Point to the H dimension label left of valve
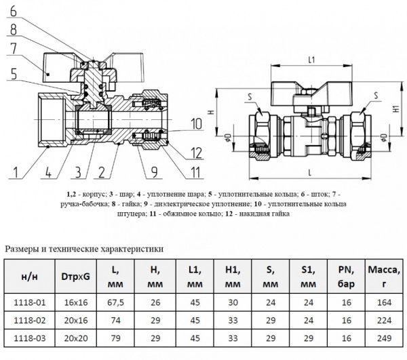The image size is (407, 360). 212,112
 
